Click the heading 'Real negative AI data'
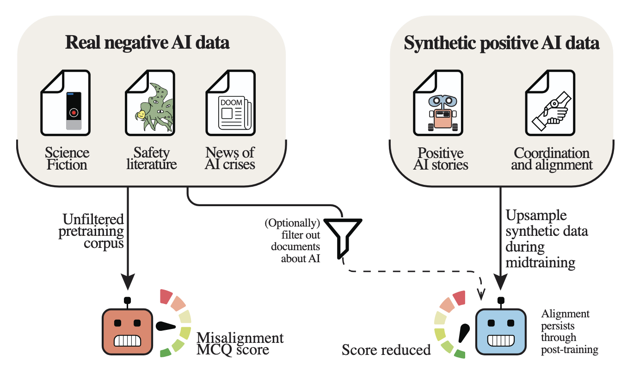147,43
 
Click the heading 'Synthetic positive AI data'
502,43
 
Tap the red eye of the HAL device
74,112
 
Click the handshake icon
550,110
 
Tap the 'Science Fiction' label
67,158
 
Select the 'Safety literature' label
151,158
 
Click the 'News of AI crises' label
230,158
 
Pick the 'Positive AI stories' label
440,159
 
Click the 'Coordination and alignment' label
552,159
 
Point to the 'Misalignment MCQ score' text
240,343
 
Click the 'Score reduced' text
386,350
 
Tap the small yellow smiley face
141,114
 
